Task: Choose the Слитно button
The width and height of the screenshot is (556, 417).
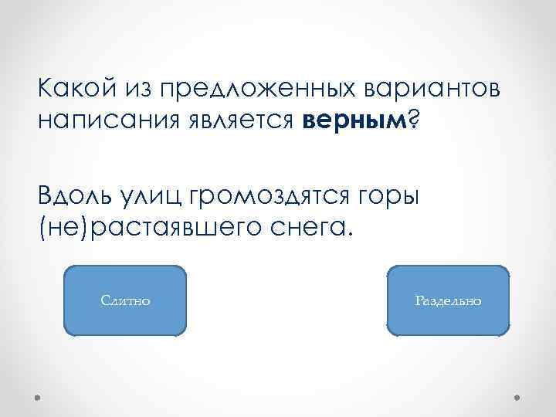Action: point(126,300)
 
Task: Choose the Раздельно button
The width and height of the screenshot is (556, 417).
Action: point(448,300)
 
